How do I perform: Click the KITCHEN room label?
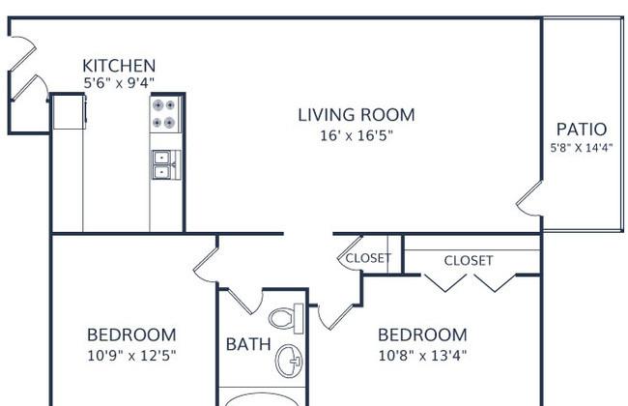pyautogui.click(x=119, y=66)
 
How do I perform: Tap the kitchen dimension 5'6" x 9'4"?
pyautogui.click(x=119, y=83)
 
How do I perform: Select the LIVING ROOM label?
pyautogui.click(x=357, y=115)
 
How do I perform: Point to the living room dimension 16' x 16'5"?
pyautogui.click(x=357, y=135)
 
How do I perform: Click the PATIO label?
pyautogui.click(x=582, y=130)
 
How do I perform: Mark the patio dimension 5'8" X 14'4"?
pyautogui.click(x=581, y=148)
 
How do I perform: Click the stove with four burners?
pyautogui.click(x=165, y=114)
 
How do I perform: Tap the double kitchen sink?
pyautogui.click(x=166, y=164)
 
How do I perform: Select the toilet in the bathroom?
pyautogui.click(x=286, y=319)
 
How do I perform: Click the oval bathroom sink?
pyautogui.click(x=288, y=361)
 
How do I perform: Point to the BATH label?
pyautogui.click(x=248, y=344)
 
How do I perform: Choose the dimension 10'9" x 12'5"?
pyautogui.click(x=131, y=355)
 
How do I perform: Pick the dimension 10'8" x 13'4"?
pyautogui.click(x=422, y=355)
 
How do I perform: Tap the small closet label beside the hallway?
pyautogui.click(x=368, y=258)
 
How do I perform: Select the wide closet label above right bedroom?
pyautogui.click(x=469, y=260)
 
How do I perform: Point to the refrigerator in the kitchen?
pyautogui.click(x=69, y=112)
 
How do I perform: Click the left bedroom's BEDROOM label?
pyautogui.click(x=131, y=335)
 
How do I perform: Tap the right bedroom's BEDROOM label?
pyautogui.click(x=422, y=335)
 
